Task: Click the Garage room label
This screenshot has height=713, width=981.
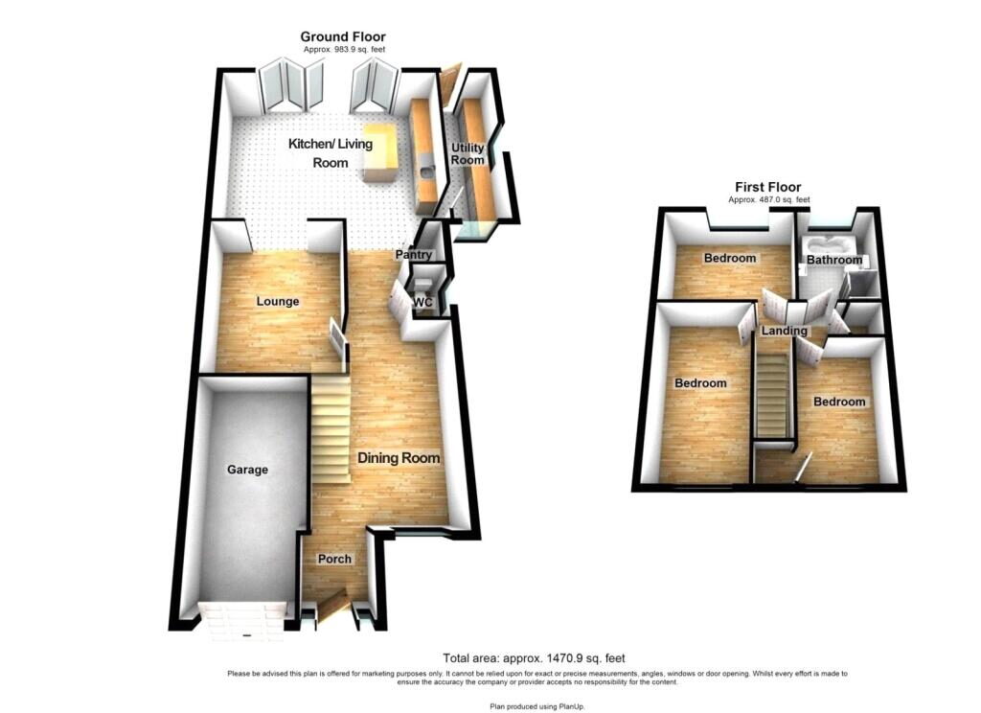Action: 248,470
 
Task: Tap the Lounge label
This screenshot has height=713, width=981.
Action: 278,302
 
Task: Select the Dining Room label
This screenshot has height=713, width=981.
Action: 399,458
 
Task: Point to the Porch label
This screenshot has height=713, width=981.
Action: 334,559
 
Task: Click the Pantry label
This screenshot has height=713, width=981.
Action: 414,255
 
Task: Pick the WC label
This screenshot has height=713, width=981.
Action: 423,302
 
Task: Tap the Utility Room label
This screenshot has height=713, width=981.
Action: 468,153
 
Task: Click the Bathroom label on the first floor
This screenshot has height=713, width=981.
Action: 834,259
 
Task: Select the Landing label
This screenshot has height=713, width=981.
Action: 785,331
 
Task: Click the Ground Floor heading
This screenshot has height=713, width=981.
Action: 343,37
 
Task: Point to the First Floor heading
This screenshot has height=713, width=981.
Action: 768,187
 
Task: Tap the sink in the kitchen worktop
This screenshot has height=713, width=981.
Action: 427,172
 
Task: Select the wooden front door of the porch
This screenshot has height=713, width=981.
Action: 332,606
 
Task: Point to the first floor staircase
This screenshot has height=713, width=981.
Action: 773,396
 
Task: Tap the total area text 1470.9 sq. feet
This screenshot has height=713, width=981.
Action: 534,658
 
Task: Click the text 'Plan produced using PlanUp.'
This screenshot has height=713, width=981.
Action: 537,706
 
